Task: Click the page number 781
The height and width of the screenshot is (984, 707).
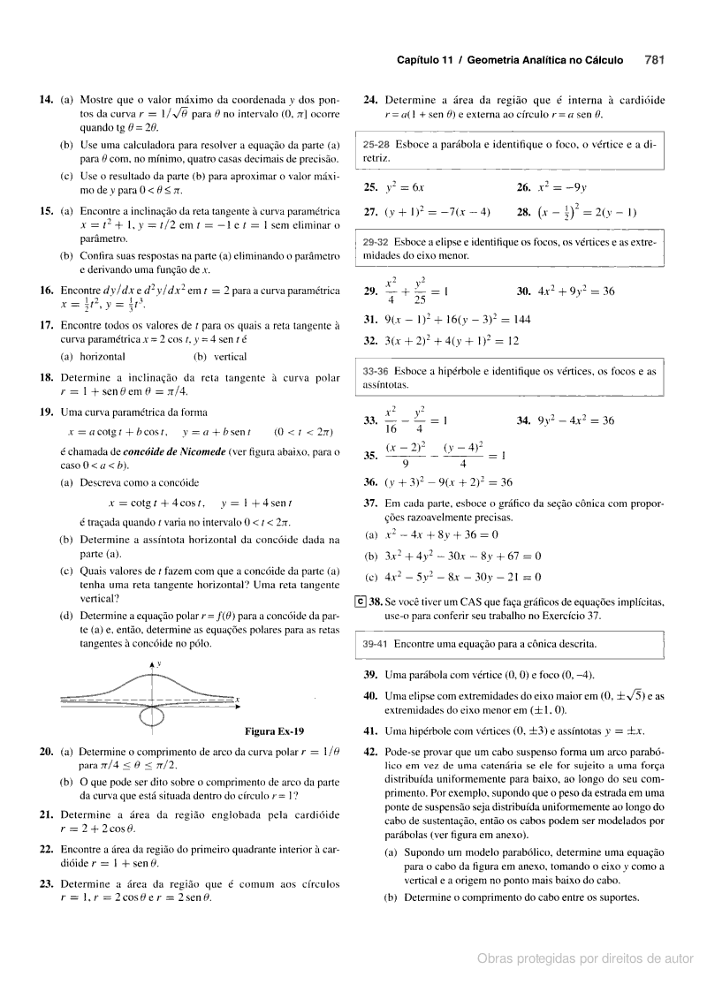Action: (x=655, y=61)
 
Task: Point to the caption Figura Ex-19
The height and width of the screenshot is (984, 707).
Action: (x=274, y=730)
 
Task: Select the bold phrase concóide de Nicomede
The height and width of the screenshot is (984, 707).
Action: (x=170, y=451)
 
